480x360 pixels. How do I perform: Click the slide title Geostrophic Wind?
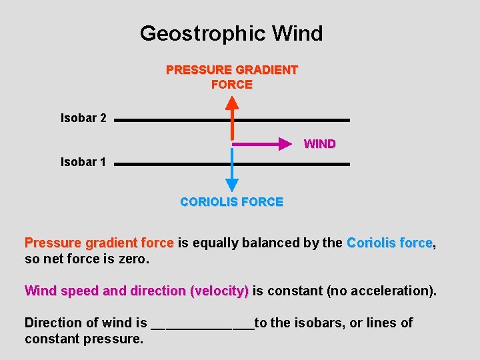coord(231,33)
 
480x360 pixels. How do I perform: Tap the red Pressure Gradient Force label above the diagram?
coord(231,77)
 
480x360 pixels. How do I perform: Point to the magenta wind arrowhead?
coord(287,143)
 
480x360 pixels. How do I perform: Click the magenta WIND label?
coord(319,144)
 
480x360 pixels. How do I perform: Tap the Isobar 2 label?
coord(83,119)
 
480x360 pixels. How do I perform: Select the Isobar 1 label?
coord(83,162)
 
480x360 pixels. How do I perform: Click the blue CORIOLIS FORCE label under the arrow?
coord(231,202)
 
